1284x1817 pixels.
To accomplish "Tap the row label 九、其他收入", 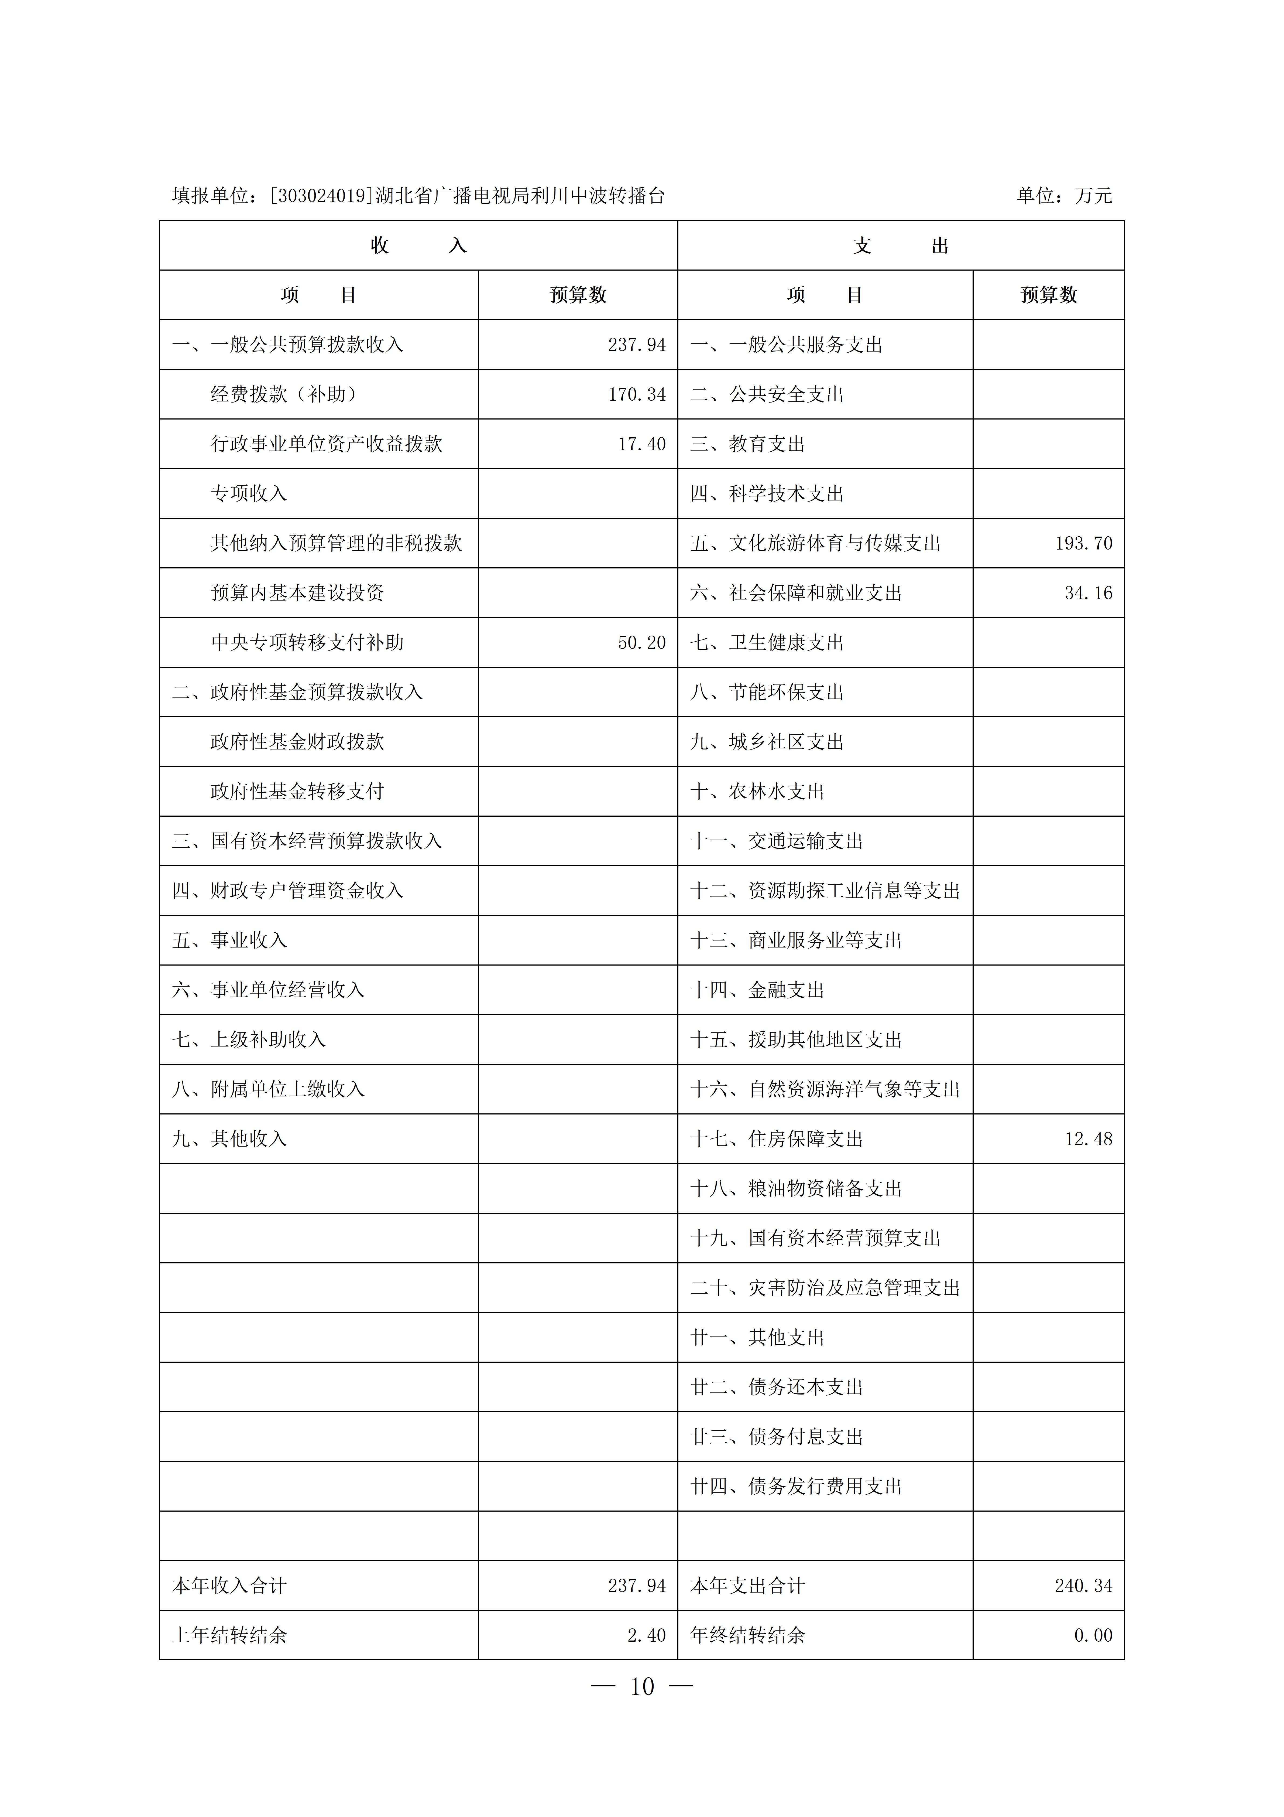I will click(x=229, y=1139).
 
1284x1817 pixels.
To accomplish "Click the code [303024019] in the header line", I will click(x=320, y=196).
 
